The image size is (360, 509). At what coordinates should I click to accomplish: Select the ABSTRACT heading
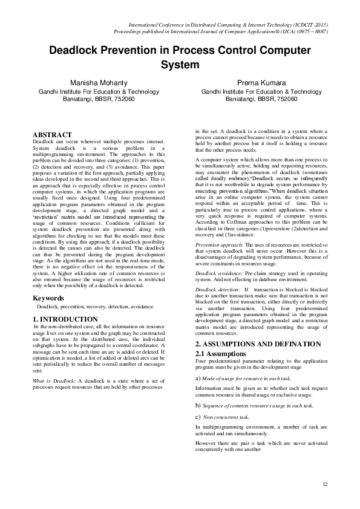[x=51, y=135]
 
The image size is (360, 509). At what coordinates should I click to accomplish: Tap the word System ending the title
[x=180, y=64]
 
